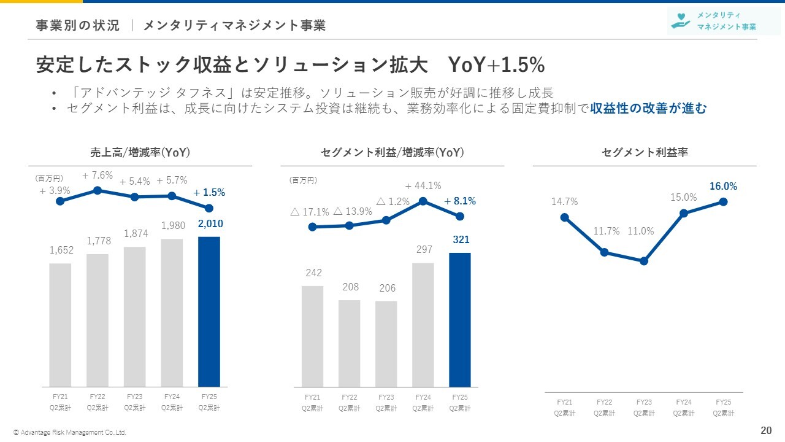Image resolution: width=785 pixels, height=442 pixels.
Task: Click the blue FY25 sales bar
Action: click(209, 311)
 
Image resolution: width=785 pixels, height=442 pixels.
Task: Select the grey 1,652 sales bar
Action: click(60, 325)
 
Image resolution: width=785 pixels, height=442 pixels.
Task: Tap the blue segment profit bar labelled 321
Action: click(460, 319)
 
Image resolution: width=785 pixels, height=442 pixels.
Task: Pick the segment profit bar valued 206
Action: click(386, 344)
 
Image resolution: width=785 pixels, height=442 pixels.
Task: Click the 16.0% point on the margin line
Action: click(724, 201)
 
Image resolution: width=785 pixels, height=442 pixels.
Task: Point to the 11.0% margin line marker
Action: click(644, 261)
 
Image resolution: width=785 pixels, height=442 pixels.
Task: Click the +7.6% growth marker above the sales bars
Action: click(97, 190)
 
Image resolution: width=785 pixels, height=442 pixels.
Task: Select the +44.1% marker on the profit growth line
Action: click(423, 201)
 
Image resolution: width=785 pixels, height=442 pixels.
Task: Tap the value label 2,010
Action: click(210, 225)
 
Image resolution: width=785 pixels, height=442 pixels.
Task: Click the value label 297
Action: click(424, 250)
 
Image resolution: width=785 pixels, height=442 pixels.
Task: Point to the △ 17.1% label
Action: click(310, 212)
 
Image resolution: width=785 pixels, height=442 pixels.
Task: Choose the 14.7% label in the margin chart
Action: click(564, 201)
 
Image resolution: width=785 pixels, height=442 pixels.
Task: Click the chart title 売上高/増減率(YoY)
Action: click(140, 153)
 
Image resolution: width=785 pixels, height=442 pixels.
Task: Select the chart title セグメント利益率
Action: click(645, 153)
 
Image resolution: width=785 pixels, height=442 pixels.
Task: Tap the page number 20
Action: click(766, 430)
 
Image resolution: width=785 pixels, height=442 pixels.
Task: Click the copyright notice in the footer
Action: click(70, 432)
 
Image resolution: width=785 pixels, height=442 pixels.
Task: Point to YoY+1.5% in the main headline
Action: click(497, 64)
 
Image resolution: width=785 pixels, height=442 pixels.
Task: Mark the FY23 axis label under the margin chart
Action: click(644, 407)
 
